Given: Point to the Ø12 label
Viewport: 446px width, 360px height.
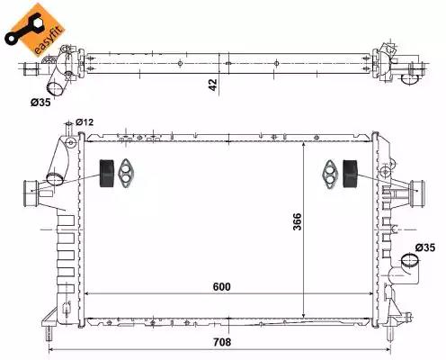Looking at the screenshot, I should (85, 121).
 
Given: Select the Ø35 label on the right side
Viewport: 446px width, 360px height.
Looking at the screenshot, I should (426, 247).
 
